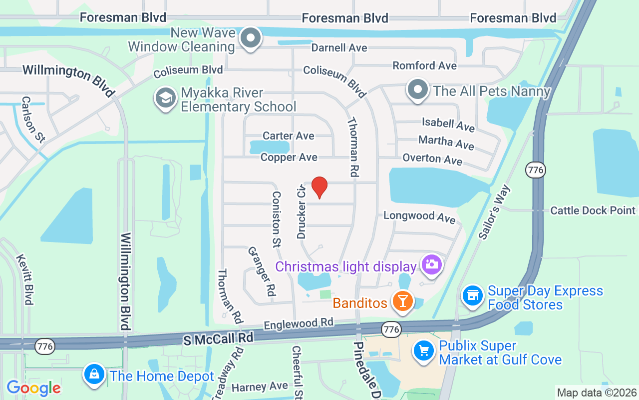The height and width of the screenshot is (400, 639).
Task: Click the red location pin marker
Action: pos(319,187)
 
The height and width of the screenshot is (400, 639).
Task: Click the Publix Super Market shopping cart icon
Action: pos(424,351)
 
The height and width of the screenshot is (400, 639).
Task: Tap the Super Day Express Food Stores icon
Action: pos(472,295)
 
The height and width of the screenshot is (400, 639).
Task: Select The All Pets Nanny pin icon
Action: pos(418,90)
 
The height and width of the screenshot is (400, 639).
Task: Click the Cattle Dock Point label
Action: pos(593,210)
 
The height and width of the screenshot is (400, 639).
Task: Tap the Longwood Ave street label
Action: pos(419,216)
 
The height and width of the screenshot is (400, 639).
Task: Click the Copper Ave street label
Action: pos(289,157)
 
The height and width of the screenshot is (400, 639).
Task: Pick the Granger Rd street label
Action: pos(262,271)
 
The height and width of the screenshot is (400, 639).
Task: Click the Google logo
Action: pos(33,388)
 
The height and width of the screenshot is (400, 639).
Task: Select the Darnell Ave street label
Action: pos(339,48)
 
